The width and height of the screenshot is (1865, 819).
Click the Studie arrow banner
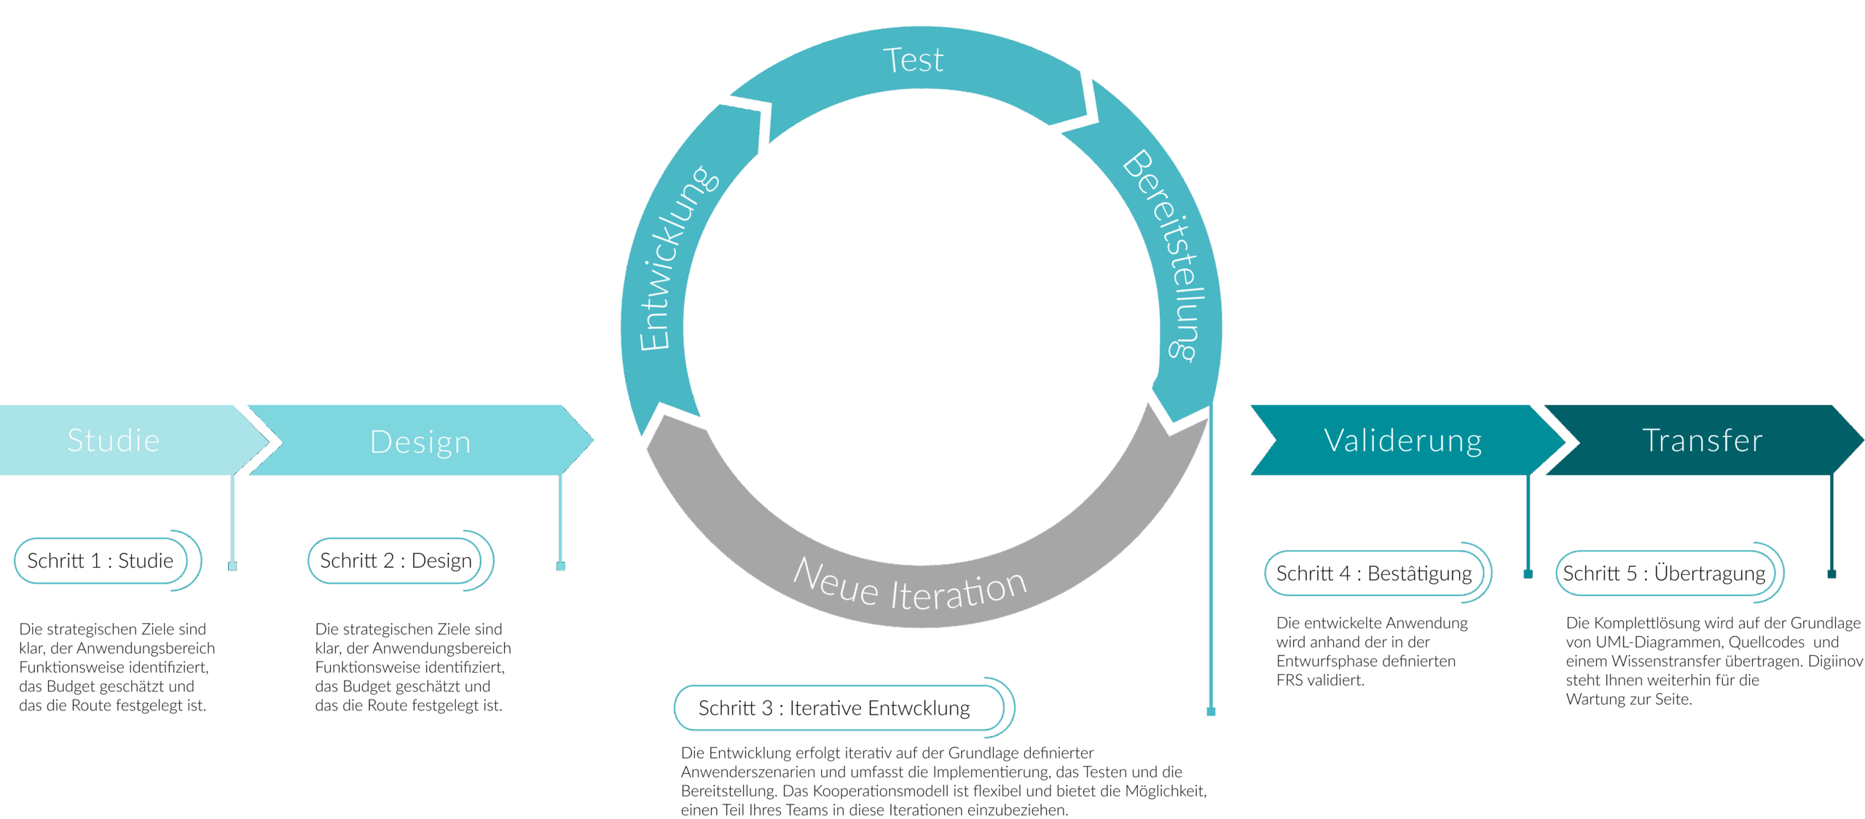click(x=114, y=440)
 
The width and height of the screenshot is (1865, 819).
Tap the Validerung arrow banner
click(x=1402, y=440)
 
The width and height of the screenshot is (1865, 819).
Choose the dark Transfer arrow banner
click(x=1702, y=440)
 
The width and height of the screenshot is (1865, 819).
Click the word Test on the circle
click(x=913, y=60)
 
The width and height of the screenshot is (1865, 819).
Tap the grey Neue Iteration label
click(x=910, y=585)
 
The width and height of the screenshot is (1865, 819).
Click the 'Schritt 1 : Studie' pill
click(x=101, y=560)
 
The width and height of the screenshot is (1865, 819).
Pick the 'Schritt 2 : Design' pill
click(x=396, y=560)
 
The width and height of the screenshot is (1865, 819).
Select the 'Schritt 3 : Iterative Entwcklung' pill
click(x=834, y=708)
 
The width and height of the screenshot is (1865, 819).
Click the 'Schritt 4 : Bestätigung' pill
click(x=1374, y=573)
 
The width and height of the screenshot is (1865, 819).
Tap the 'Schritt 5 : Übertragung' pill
click(x=1664, y=573)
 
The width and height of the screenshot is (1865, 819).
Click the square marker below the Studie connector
click(x=232, y=566)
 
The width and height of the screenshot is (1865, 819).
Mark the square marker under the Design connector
click(x=560, y=566)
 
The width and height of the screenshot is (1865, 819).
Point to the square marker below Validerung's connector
click(x=1528, y=573)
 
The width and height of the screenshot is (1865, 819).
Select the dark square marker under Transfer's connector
click(x=1831, y=573)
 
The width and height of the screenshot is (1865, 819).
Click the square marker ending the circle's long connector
click(x=1211, y=711)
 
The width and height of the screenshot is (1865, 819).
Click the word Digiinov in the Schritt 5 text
click(x=1835, y=661)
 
